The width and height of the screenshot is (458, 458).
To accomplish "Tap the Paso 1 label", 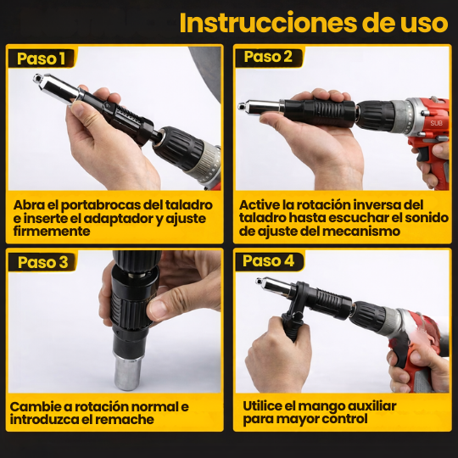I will coord(42,59).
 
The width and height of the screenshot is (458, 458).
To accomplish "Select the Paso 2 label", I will coord(268,57).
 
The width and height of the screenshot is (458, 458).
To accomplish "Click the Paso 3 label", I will coord(43,262).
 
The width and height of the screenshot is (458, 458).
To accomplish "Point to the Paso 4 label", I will coord(268,260).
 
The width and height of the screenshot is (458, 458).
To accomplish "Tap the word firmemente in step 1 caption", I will coord(51,231).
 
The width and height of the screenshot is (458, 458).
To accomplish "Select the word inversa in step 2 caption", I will coord(371,205).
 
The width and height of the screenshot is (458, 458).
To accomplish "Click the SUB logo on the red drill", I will coord(436,122).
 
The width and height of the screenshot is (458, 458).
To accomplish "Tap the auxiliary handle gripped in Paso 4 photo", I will coord(290,327).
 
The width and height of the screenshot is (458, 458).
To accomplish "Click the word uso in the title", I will coord(422,22).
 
